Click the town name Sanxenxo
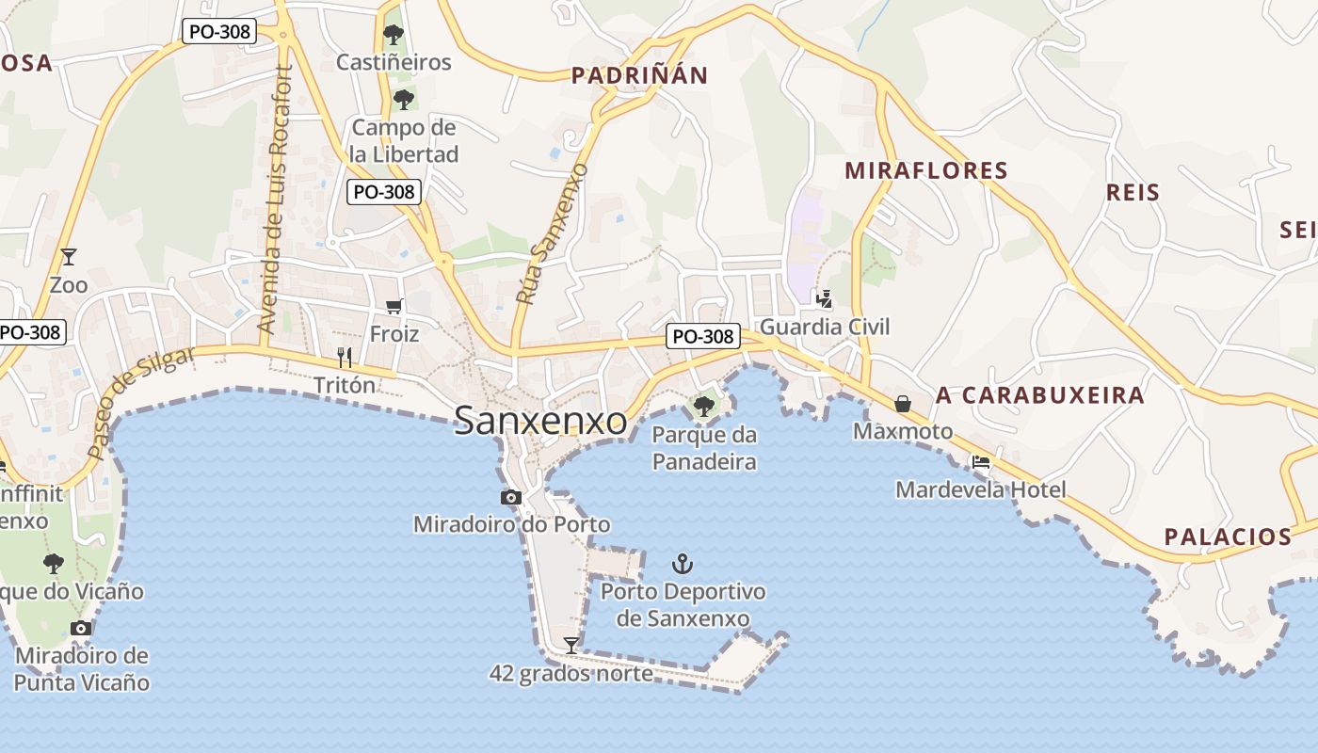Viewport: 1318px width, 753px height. pyautogui.click(x=540, y=421)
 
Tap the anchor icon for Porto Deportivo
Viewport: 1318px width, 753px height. pyautogui.click(x=683, y=565)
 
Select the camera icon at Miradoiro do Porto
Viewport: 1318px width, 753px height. pyautogui.click(x=511, y=497)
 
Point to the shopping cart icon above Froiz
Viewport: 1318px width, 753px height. pyautogui.click(x=394, y=306)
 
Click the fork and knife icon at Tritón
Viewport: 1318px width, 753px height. pyautogui.click(x=345, y=357)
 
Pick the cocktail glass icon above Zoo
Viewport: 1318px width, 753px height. pyautogui.click(x=68, y=256)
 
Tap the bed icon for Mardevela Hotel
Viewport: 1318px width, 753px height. pyautogui.click(x=981, y=462)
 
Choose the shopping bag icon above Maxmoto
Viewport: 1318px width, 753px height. pyautogui.click(x=903, y=404)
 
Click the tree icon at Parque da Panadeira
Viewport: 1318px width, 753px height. pyautogui.click(x=703, y=407)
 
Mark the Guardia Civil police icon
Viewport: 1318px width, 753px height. pyautogui.click(x=825, y=299)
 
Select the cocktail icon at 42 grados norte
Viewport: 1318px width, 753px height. pyautogui.click(x=571, y=645)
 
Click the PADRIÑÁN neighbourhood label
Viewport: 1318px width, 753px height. pyautogui.click(x=639, y=76)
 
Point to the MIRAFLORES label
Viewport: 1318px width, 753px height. pyautogui.click(x=925, y=170)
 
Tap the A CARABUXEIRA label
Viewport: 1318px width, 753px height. pyautogui.click(x=1039, y=395)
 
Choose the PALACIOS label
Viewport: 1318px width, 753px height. pyautogui.click(x=1228, y=537)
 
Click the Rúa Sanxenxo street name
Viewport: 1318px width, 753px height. pyautogui.click(x=553, y=232)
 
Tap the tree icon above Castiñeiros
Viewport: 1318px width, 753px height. pyautogui.click(x=394, y=36)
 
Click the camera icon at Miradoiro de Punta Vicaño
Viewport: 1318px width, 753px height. pyautogui.click(x=81, y=628)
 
